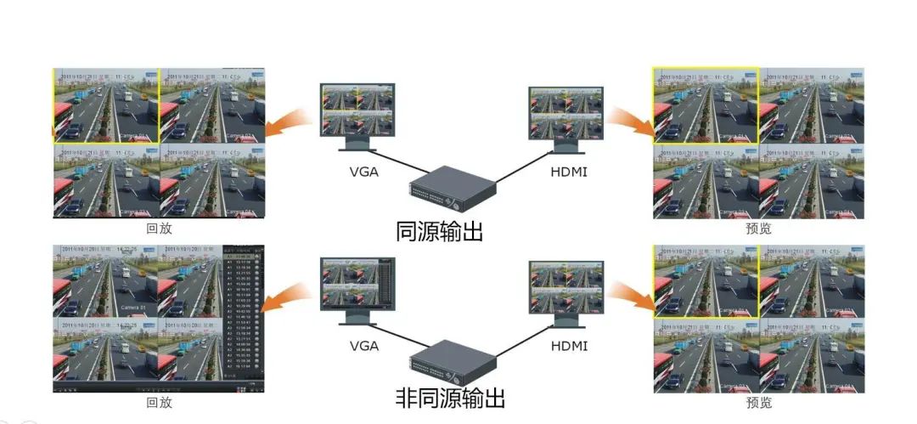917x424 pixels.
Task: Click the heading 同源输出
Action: coord(439,231)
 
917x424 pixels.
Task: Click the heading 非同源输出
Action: coord(450,398)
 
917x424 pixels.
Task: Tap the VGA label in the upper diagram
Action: coord(364,173)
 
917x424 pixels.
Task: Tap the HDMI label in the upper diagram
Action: coord(569,173)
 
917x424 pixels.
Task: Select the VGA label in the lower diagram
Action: coord(364,346)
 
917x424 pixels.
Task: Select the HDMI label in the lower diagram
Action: coord(569,346)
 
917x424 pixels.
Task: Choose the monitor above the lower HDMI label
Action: coord(565,289)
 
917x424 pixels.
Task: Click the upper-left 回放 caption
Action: coord(158,229)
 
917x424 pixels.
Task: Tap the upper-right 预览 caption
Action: coord(758,229)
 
